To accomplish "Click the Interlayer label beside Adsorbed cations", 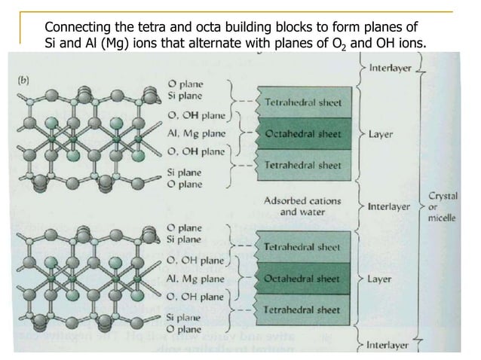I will pos(391,205).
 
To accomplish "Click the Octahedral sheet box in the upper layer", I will pos(303,134).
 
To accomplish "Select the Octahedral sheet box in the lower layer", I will pos(303,278).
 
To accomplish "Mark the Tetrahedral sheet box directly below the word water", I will pos(303,246).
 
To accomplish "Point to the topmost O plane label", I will pos(184,82).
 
